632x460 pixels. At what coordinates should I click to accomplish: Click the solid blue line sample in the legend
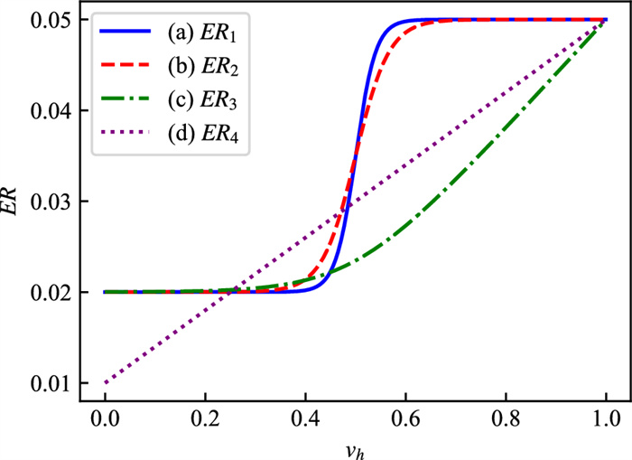point(124,35)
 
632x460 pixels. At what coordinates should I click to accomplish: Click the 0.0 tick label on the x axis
point(105,420)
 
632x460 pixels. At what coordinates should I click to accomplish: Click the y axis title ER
point(12,210)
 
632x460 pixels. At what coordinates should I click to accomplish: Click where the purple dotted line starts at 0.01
point(105,383)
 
